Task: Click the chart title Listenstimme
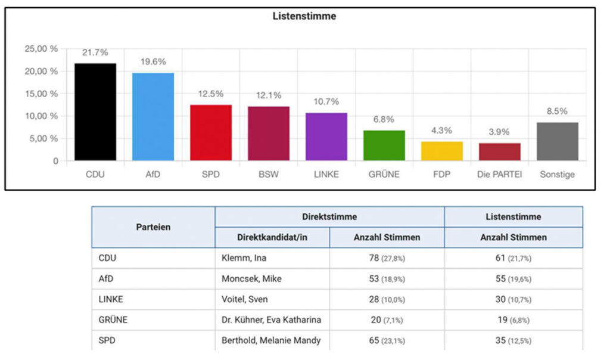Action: pyautogui.click(x=304, y=17)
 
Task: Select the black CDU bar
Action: pyautogui.click(x=95, y=112)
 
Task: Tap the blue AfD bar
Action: pyautogui.click(x=153, y=117)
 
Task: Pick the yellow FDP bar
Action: pyautogui.click(x=442, y=151)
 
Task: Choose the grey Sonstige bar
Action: pyautogui.click(x=558, y=141)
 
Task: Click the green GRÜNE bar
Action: pyautogui.click(x=384, y=145)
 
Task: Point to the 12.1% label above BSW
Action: pyautogui.click(x=269, y=95)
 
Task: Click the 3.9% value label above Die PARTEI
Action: pyautogui.click(x=500, y=132)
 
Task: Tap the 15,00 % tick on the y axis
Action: pyautogui.click(x=42, y=94)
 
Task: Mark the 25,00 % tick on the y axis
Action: pyautogui.click(x=42, y=49)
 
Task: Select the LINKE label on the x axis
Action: pyautogui.click(x=326, y=175)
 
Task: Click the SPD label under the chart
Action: pyautogui.click(x=211, y=175)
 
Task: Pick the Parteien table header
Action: pyautogui.click(x=153, y=227)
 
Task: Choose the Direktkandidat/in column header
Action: pyautogui.click(x=272, y=237)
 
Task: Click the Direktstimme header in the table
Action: pyautogui.click(x=329, y=217)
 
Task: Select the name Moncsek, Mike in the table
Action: pyautogui.click(x=248, y=278)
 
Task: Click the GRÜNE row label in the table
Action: pyautogui.click(x=113, y=319)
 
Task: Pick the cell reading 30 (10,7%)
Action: pyautogui.click(x=513, y=299)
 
